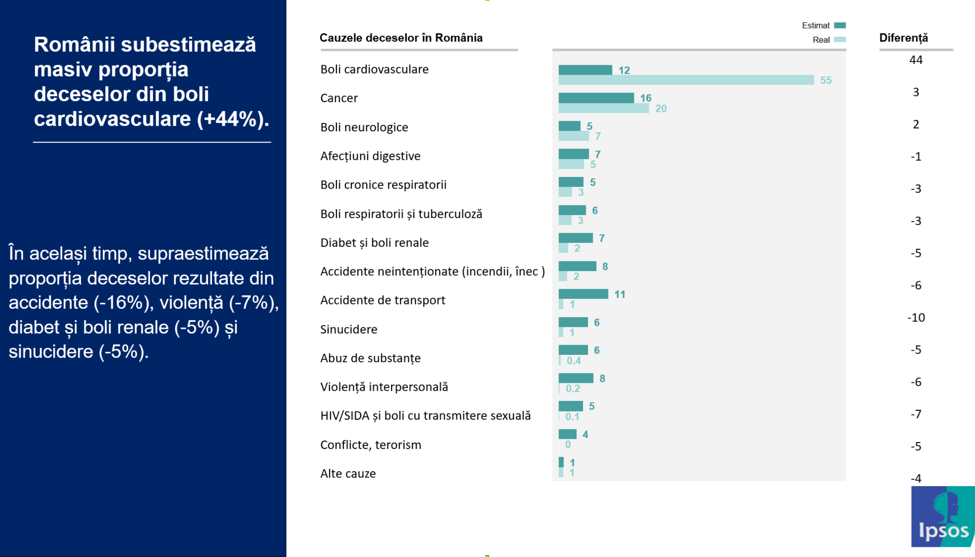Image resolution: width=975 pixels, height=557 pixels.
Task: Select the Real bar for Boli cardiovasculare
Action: [x=686, y=80]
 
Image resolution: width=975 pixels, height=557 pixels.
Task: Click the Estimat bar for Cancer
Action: [x=596, y=98]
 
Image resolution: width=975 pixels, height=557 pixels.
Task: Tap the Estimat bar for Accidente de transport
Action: [x=583, y=294]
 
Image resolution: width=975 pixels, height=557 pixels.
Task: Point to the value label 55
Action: [x=825, y=81]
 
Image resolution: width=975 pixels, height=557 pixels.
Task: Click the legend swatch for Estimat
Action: [x=840, y=26]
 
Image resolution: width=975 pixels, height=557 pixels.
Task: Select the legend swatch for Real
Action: [x=840, y=40]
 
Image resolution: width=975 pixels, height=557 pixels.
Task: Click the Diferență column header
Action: [x=903, y=38]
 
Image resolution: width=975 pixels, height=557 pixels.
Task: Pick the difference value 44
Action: [x=915, y=60]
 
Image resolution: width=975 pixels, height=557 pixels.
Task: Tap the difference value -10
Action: [x=916, y=318]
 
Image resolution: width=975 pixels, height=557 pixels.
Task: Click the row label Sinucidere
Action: [x=349, y=329]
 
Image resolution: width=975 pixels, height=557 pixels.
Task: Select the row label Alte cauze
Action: [x=348, y=474]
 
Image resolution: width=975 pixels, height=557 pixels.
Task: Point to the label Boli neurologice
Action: [x=364, y=127]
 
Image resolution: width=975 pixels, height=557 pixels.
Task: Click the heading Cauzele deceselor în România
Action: [x=401, y=38]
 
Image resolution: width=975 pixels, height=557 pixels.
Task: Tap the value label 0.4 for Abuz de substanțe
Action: [x=574, y=360]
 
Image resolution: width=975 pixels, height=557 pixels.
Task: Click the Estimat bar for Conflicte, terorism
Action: [x=567, y=434]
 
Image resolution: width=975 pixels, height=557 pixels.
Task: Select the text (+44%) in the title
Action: [x=233, y=119]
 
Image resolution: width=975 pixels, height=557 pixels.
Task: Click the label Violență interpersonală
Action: [x=384, y=387]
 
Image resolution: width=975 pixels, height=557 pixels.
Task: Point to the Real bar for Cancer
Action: [x=603, y=109]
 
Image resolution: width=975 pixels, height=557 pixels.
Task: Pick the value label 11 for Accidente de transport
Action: [x=619, y=294]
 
